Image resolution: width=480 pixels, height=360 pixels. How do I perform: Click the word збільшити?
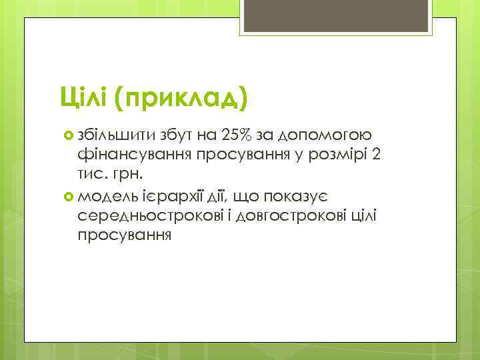(x=116, y=137)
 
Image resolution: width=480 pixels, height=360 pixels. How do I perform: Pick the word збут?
(x=176, y=137)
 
